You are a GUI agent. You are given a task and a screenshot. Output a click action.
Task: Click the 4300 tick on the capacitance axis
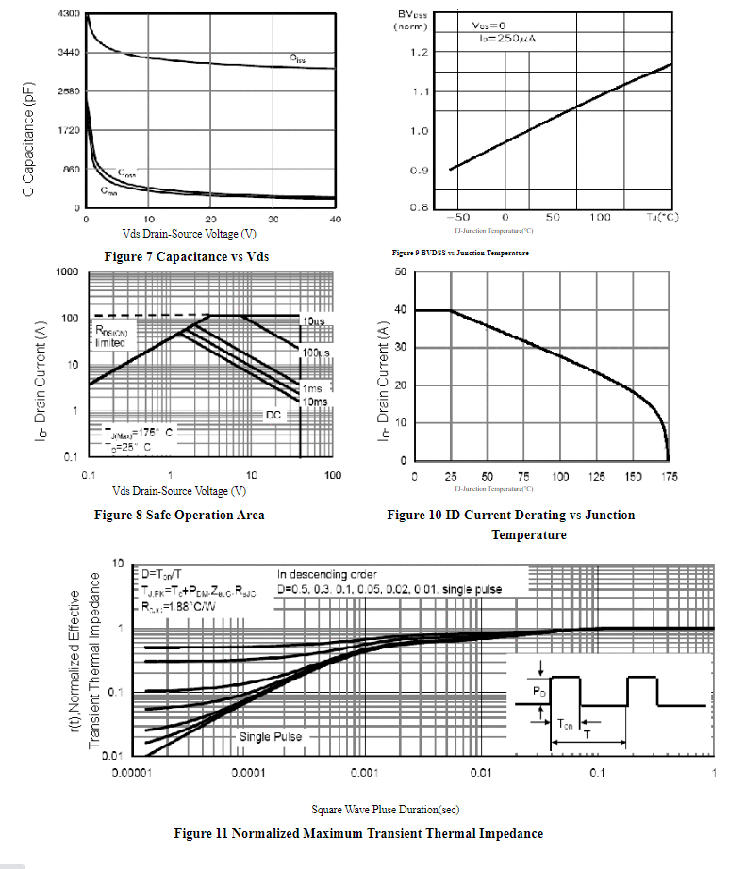[x=68, y=15]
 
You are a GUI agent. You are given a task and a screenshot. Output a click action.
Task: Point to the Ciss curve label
[x=297, y=59]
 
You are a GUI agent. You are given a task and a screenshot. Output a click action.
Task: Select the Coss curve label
[x=126, y=174]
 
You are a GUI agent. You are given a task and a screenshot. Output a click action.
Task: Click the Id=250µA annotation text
[x=509, y=39]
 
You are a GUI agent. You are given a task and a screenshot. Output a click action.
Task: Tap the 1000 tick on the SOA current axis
[x=66, y=272]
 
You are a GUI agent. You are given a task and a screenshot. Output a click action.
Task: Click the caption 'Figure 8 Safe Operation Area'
[x=179, y=515]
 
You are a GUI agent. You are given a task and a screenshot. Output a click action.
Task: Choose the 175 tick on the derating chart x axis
[x=670, y=477]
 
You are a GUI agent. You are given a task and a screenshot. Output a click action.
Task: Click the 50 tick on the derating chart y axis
[x=400, y=272]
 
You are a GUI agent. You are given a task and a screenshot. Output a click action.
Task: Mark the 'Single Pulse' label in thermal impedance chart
[x=271, y=736]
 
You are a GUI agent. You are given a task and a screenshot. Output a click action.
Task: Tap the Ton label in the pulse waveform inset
[x=565, y=724]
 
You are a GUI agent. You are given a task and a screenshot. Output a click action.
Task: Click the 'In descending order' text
[x=327, y=573]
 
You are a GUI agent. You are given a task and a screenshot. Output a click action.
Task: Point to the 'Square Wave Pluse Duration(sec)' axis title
[x=385, y=809]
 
